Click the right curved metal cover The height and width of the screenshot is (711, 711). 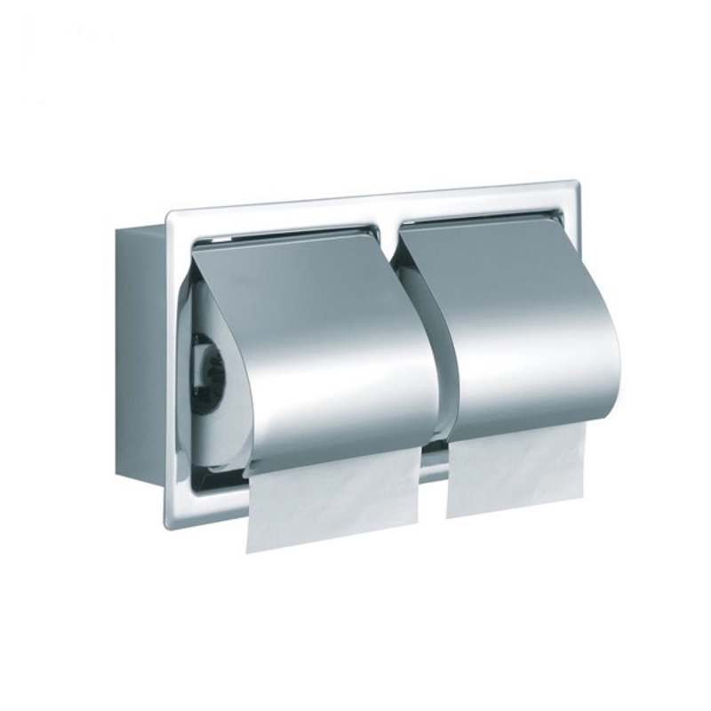tap(524, 329)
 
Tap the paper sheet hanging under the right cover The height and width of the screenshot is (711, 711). tap(515, 471)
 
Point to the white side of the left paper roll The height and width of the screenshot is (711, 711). tap(218, 418)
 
